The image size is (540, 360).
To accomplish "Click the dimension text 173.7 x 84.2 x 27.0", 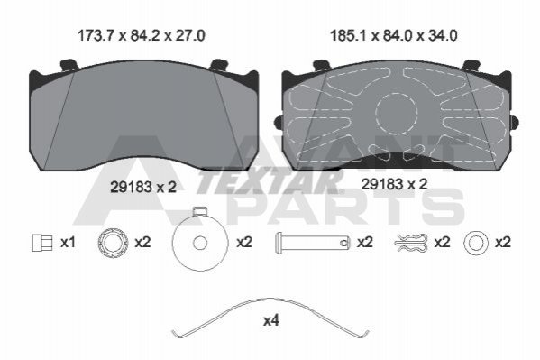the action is (x=142, y=35).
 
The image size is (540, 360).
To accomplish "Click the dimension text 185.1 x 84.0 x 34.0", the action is (x=394, y=35).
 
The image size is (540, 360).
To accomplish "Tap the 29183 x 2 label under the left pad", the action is (x=143, y=187).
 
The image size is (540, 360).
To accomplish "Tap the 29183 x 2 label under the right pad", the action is (x=394, y=184).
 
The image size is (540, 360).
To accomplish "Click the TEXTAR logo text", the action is (x=270, y=181).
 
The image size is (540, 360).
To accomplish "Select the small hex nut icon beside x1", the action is (x=42, y=242).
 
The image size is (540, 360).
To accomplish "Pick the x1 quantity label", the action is (x=68, y=243).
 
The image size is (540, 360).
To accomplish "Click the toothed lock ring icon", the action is (x=113, y=243).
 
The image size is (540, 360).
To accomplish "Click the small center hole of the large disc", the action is (x=200, y=243).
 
